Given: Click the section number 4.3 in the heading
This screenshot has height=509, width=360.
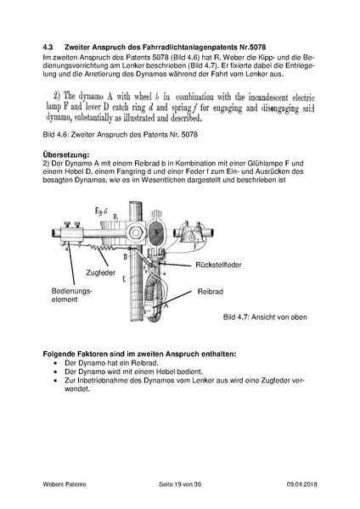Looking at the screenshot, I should click(48, 44).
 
